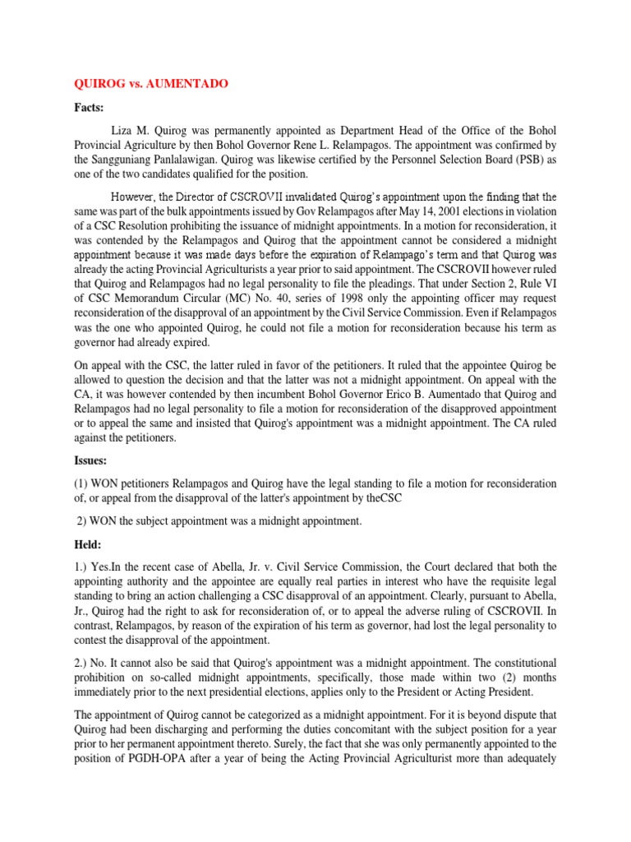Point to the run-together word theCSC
point(382,498)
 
